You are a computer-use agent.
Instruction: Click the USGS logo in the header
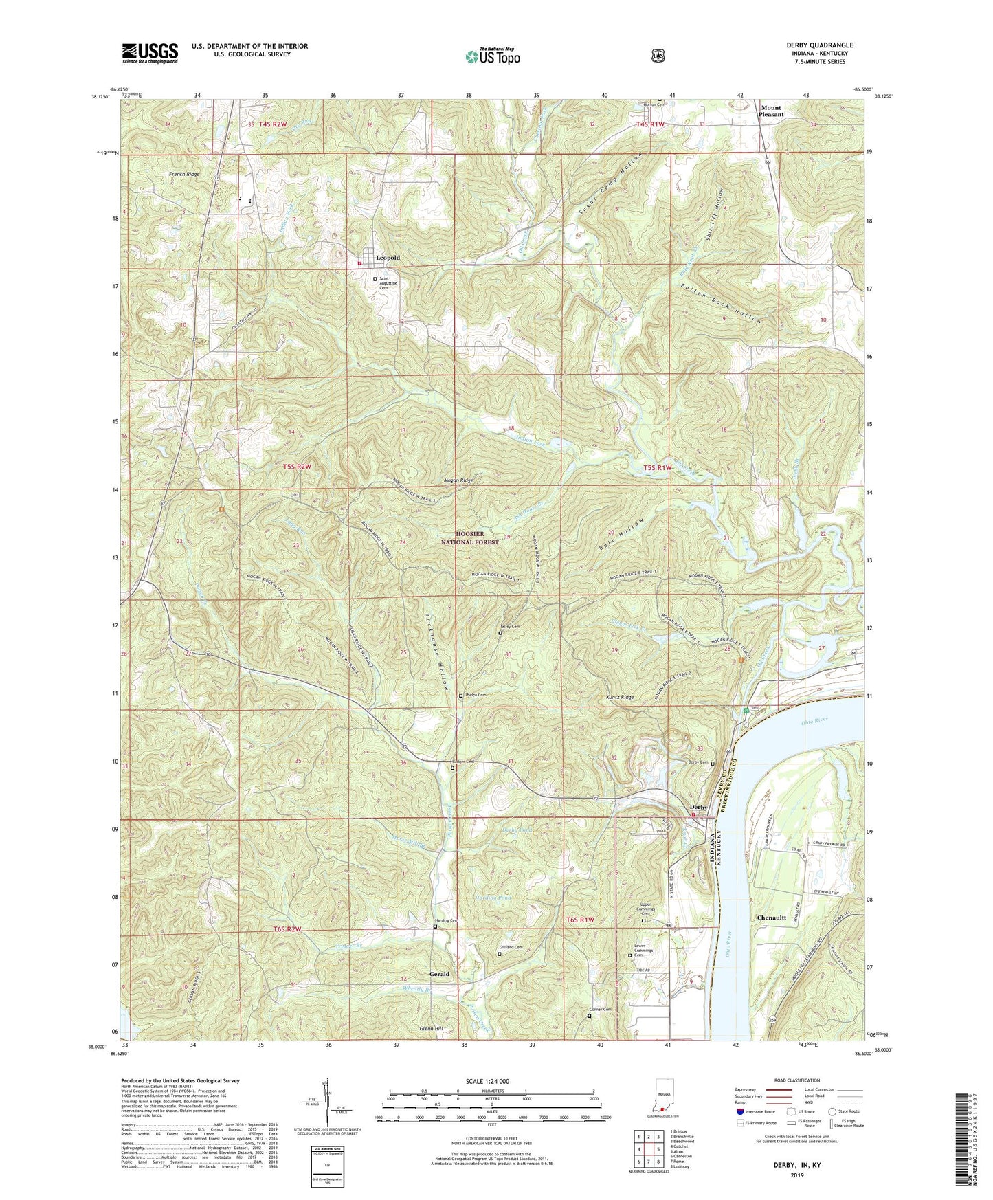(150, 53)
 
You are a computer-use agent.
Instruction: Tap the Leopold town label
(388, 258)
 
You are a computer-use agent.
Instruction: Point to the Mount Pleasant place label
(771, 111)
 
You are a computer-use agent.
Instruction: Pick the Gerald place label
(439, 974)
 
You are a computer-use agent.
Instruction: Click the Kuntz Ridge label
(619, 697)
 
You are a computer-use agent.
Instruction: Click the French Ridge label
(184, 175)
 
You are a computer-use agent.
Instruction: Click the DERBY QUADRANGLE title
(820, 45)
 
